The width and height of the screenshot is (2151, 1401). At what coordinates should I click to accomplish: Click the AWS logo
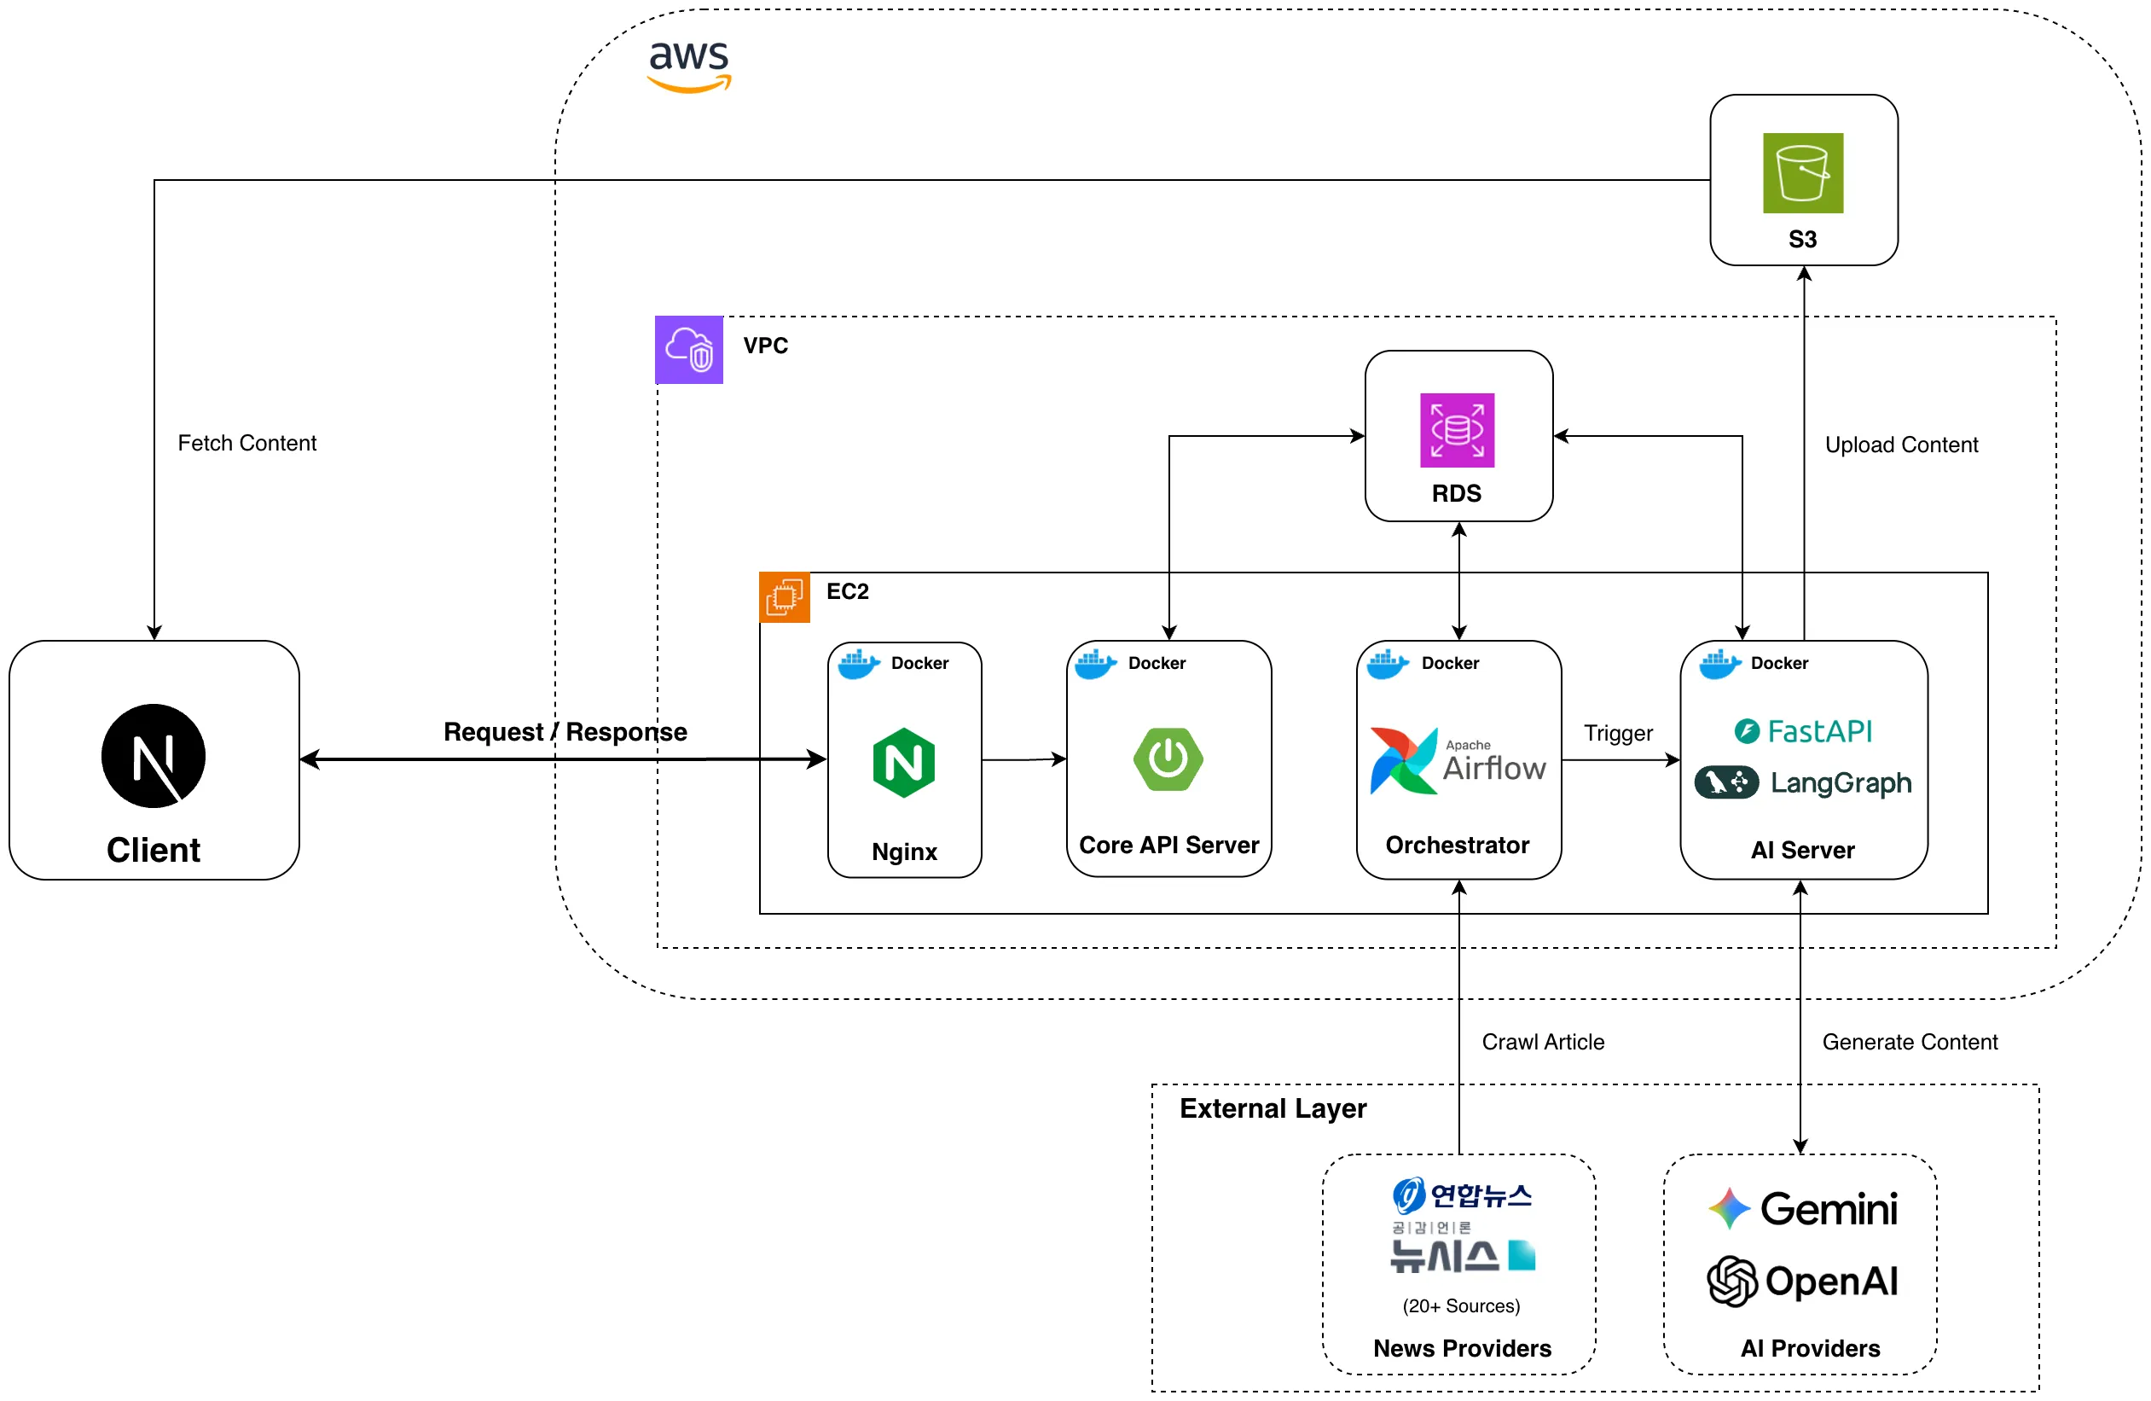coord(688,65)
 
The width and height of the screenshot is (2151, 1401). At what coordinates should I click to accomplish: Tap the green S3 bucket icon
coord(1802,172)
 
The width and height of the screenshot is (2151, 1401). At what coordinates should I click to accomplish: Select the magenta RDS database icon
coord(1457,430)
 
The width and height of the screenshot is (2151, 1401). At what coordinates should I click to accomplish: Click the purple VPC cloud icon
coord(688,349)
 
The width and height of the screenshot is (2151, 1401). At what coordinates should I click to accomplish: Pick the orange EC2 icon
coord(784,596)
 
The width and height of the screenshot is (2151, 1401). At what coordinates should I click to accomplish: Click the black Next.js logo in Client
coord(153,756)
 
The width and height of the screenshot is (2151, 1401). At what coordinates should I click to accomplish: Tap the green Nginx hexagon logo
coord(903,762)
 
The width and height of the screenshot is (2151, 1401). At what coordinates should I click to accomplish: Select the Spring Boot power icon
coord(1168,759)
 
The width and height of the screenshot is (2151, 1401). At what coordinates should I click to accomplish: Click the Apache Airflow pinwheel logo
coord(1403,760)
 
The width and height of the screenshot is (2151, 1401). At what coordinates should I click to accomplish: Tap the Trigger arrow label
coord(1618,733)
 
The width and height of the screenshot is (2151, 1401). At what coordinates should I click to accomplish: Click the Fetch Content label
coord(246,443)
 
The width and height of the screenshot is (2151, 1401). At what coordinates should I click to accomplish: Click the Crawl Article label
coord(1543,1041)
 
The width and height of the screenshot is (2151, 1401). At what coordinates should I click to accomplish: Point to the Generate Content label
coord(1909,1041)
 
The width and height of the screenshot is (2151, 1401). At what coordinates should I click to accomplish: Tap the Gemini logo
coord(1802,1207)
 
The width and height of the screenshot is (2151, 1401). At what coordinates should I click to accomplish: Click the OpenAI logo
coord(1802,1281)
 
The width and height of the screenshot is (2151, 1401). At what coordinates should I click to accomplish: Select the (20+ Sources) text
coord(1460,1305)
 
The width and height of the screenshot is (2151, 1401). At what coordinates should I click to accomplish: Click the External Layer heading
coord(1272,1108)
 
